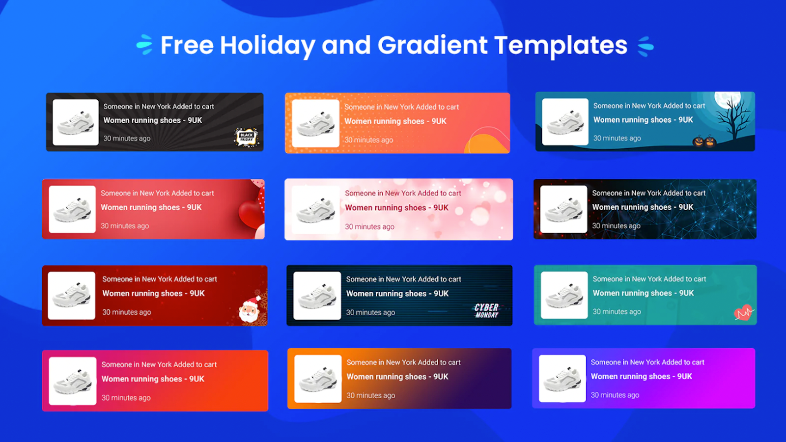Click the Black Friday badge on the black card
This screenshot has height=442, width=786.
(x=246, y=137)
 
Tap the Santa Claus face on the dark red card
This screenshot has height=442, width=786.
(x=249, y=309)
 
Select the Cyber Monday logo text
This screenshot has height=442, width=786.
(x=486, y=311)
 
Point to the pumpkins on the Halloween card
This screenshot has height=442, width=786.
(x=704, y=142)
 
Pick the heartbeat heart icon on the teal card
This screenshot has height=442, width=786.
(x=743, y=312)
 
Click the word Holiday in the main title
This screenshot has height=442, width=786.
(x=267, y=46)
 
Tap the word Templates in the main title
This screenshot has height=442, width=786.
(x=561, y=46)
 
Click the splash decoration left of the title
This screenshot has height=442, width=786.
(x=144, y=45)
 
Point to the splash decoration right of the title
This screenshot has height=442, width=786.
(x=646, y=46)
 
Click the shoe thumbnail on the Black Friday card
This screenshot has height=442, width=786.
(x=76, y=122)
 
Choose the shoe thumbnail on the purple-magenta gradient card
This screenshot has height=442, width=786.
(x=562, y=379)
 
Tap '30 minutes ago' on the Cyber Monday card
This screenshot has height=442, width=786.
(x=370, y=312)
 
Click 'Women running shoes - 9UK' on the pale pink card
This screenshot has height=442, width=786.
(x=396, y=208)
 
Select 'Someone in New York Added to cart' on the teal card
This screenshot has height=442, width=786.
(x=649, y=279)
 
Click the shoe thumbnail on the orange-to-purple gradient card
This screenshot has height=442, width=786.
(x=318, y=379)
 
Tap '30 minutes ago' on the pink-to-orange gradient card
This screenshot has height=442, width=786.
(x=126, y=398)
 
